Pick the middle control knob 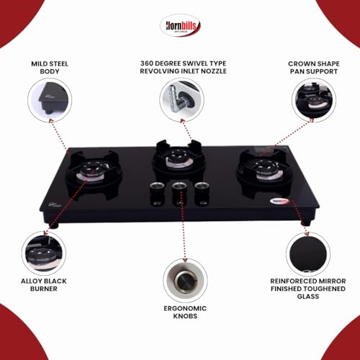coord(179,193)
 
